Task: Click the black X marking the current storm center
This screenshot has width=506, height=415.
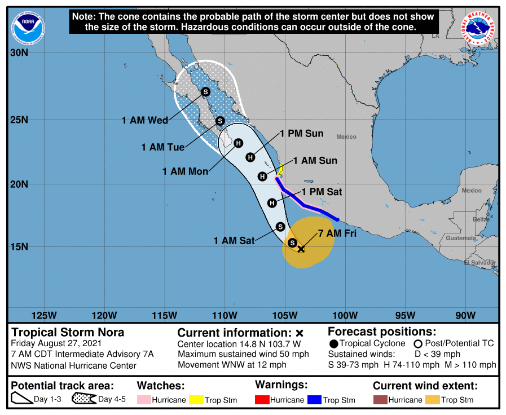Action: (x=301, y=248)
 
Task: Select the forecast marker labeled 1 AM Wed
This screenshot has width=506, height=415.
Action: (x=205, y=91)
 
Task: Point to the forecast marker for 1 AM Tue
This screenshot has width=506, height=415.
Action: (x=221, y=121)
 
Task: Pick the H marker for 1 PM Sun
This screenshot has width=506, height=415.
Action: (x=250, y=157)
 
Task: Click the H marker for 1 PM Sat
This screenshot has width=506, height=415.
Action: (x=272, y=202)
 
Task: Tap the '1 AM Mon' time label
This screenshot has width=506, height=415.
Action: (x=185, y=171)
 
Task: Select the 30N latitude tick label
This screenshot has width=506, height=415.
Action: (x=19, y=53)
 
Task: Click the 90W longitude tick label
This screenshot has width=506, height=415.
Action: (x=465, y=315)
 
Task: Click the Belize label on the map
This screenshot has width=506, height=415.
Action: (x=481, y=219)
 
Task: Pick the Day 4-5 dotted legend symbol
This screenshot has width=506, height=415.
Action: (x=83, y=400)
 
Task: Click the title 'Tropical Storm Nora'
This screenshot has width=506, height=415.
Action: (x=68, y=332)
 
